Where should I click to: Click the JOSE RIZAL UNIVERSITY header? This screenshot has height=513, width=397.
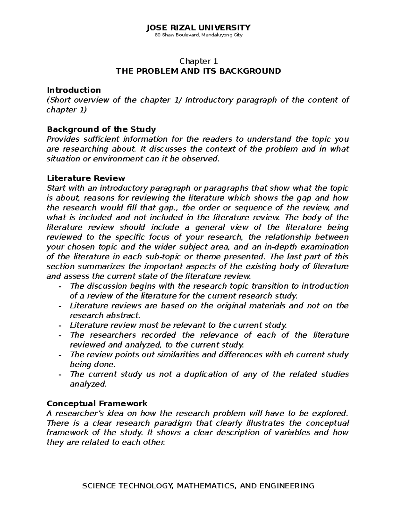[198, 27]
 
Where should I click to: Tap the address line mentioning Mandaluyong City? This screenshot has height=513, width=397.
[198, 35]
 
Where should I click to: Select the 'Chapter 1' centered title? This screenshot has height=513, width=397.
[198, 61]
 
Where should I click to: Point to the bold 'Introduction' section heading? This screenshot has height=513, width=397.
[74, 90]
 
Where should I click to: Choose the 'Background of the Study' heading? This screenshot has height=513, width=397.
[101, 129]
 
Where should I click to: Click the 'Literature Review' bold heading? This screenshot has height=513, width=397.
[86, 178]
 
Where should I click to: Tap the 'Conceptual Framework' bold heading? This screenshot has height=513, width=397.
[97, 403]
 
